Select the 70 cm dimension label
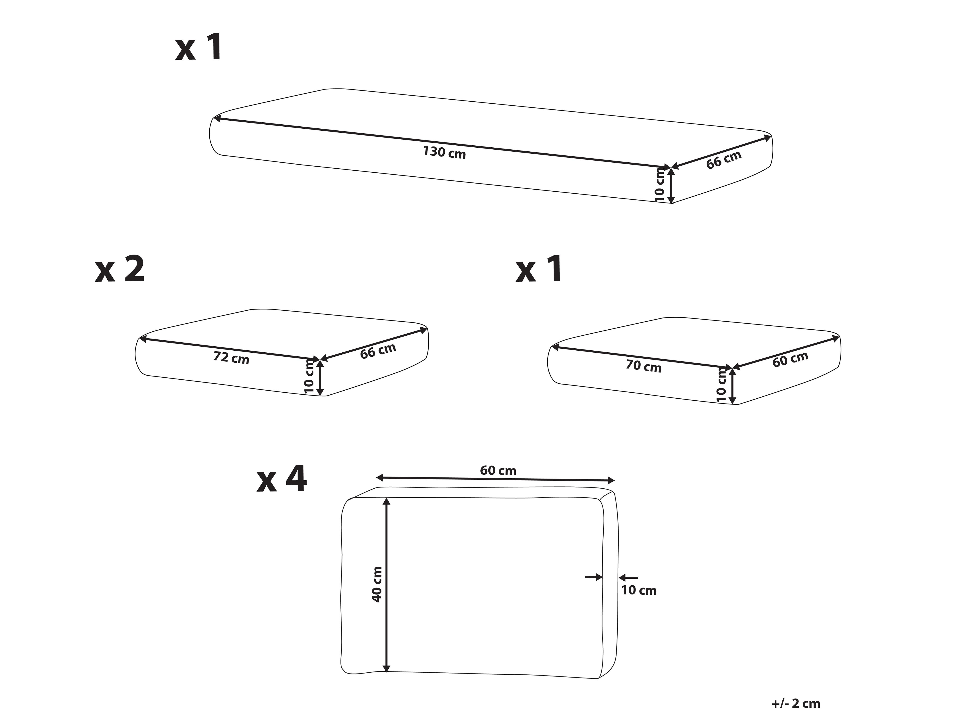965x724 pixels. coord(644,366)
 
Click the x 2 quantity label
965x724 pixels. coord(119,270)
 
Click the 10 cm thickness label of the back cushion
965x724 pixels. coord(639,590)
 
